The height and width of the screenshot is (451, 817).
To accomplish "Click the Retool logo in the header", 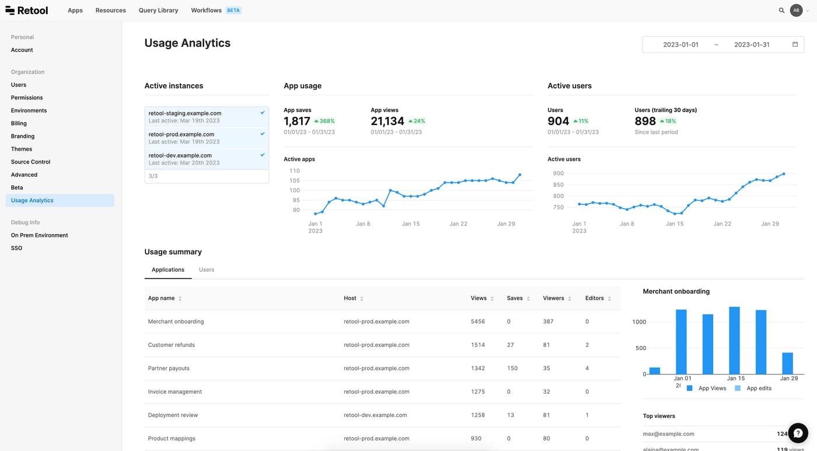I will tap(27, 11).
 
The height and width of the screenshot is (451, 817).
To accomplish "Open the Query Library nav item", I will tap(158, 11).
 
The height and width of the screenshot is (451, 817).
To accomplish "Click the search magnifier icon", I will tap(781, 11).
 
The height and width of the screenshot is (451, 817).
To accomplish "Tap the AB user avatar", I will tap(796, 11).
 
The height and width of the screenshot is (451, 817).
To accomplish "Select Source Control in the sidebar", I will tap(30, 162).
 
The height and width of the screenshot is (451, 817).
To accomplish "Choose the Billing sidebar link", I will tap(19, 123).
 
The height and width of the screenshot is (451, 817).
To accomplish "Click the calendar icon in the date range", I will tap(795, 44).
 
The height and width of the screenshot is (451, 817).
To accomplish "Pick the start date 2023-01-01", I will tap(680, 44).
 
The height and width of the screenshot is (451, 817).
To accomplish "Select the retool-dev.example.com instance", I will tap(180, 156).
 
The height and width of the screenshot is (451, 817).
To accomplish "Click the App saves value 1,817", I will tap(297, 121).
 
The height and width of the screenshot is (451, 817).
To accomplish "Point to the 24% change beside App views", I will tap(417, 121).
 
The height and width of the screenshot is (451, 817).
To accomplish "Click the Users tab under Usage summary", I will tap(207, 270).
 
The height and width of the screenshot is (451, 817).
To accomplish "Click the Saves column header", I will tap(515, 298).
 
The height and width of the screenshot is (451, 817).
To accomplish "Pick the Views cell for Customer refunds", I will tap(478, 345).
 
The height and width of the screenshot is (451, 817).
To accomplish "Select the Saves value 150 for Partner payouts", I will tap(512, 368).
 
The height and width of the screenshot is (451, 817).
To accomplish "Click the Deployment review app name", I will tap(173, 415).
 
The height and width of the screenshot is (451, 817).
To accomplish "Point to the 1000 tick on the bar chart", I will tap(639, 322).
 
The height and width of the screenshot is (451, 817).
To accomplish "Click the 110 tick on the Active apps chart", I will tap(294, 171).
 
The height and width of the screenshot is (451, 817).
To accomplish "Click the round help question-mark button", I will tap(798, 433).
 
